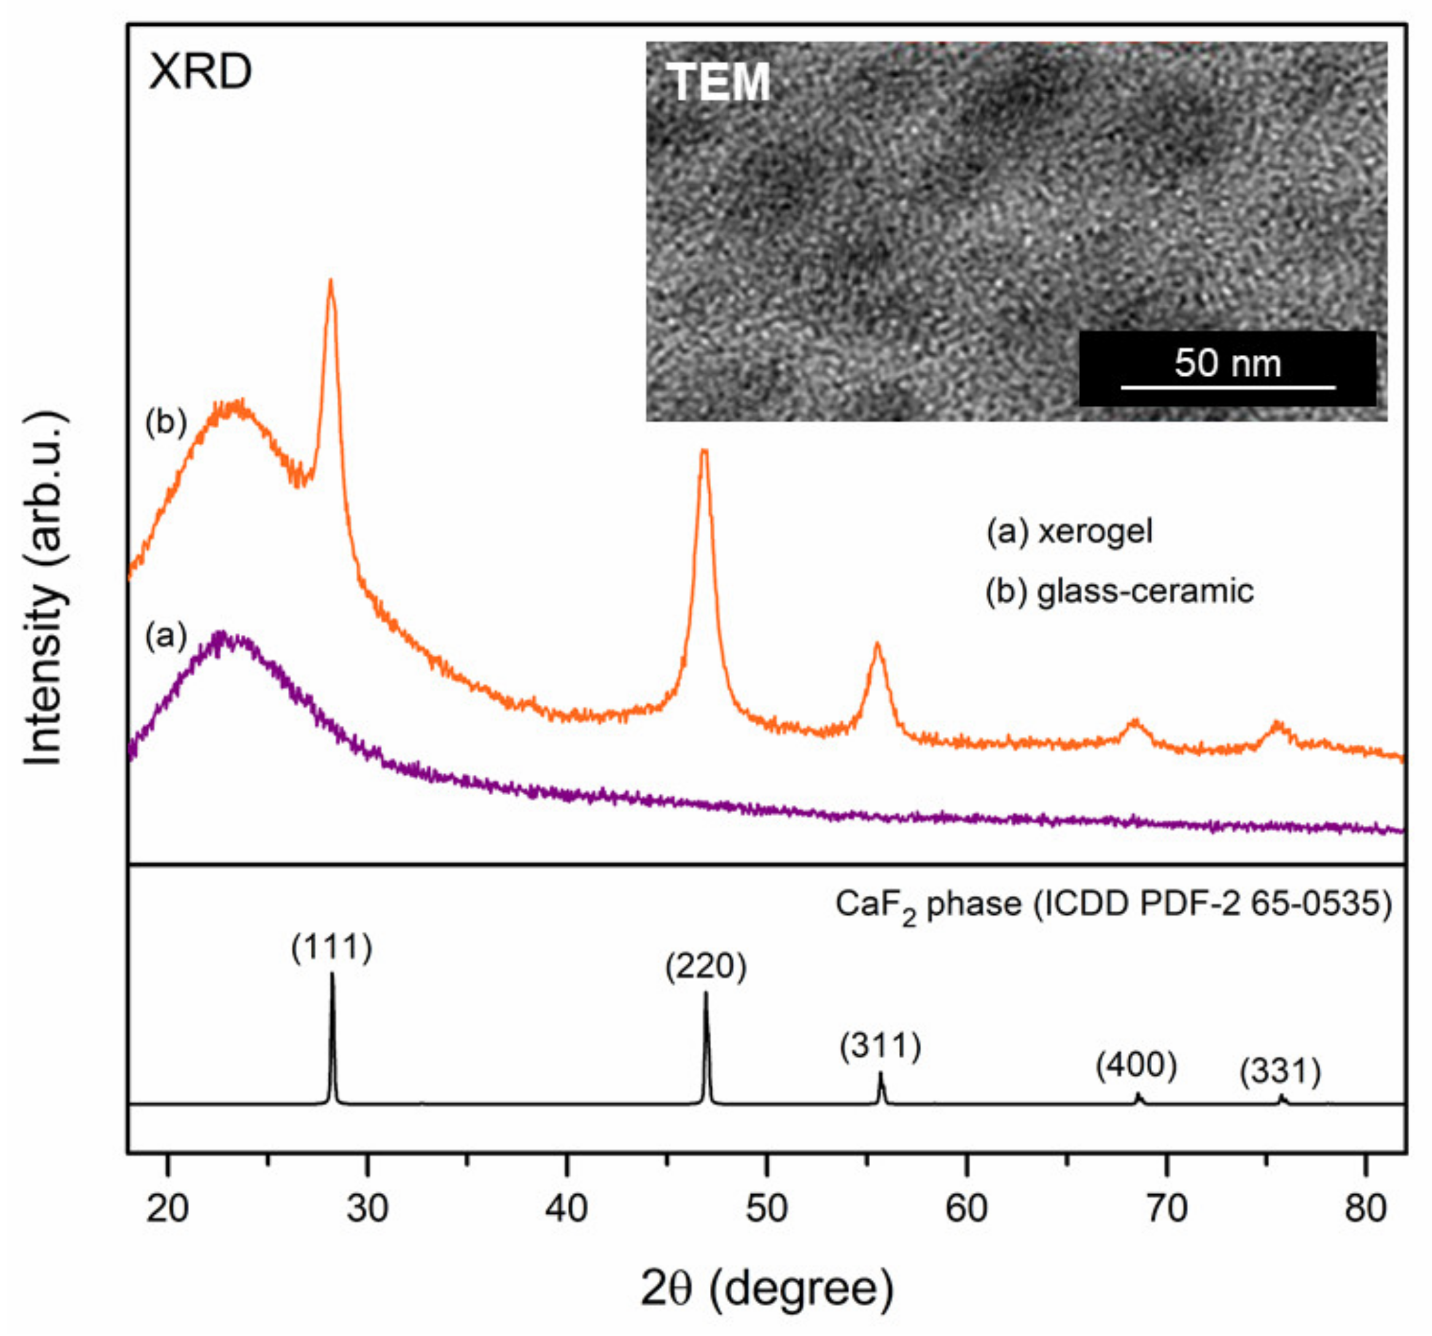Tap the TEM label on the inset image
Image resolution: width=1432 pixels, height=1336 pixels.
tap(719, 83)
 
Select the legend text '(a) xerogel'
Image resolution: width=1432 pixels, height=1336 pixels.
tap(1070, 532)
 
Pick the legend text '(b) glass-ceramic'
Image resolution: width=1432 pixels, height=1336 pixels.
tap(1119, 591)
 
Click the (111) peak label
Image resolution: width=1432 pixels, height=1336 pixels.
tap(332, 948)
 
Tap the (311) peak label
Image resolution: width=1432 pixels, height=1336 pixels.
tap(880, 1046)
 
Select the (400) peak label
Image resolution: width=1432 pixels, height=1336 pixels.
tap(1137, 1065)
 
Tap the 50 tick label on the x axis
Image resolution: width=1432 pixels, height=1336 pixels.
tap(766, 1208)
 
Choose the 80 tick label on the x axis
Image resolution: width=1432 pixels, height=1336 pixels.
tap(1365, 1208)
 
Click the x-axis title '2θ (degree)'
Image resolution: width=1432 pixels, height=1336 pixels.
tap(766, 1289)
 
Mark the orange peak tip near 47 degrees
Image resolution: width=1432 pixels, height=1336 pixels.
tap(704, 451)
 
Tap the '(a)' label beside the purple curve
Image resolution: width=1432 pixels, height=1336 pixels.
tap(166, 636)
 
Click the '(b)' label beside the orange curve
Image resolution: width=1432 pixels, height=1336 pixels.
tap(166, 424)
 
